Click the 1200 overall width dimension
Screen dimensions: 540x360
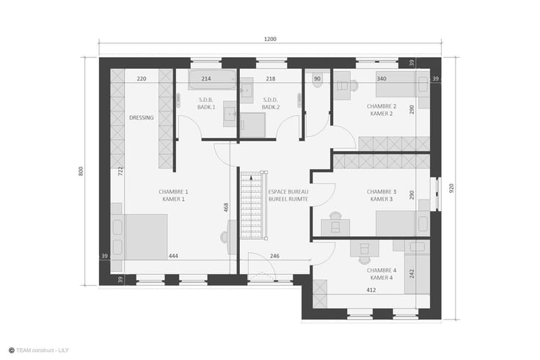tap(270, 40)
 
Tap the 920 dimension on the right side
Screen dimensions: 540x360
tap(451, 188)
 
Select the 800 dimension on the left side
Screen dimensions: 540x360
tap(81, 171)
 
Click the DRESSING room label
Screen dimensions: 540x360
tap(142, 118)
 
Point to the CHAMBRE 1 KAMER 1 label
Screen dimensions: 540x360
tap(174, 196)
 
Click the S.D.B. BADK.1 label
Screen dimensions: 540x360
tap(206, 103)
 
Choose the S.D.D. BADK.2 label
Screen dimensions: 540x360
tap(271, 103)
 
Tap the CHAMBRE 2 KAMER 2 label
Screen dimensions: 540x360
tap(382, 110)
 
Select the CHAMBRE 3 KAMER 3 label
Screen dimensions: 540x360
tap(382, 196)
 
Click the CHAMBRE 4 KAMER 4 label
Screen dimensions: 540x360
tap(382, 274)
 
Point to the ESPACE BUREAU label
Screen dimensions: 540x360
tap(288, 191)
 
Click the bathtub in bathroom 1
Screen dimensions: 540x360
tap(212, 79)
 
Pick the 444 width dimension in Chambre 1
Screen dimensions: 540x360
tap(173, 256)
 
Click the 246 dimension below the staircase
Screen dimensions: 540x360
tap(274, 256)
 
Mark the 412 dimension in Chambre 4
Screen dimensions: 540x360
tap(371, 290)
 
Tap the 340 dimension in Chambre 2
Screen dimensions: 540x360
tap(382, 78)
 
